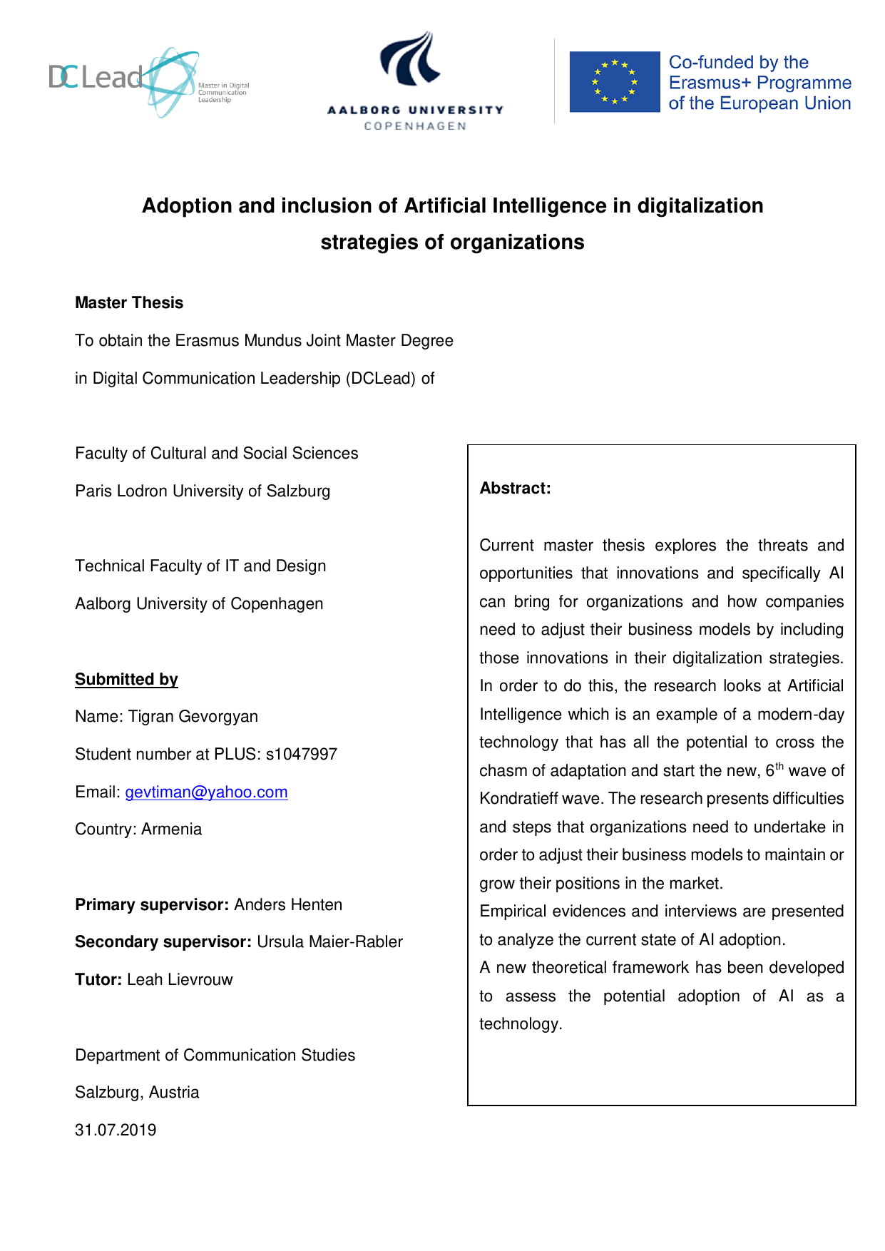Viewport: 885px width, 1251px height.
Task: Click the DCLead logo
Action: [148, 81]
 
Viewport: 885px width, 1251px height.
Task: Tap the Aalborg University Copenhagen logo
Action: [415, 80]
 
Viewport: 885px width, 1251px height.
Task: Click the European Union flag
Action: [614, 82]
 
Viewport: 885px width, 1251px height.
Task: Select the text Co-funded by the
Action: [738, 62]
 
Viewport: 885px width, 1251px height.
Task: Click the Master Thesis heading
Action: [129, 303]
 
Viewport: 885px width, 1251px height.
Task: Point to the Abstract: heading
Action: [515, 489]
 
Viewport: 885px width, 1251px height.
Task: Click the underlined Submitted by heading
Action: [126, 680]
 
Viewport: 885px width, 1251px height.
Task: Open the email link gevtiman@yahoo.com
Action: [206, 792]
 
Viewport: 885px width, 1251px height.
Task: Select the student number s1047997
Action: [301, 755]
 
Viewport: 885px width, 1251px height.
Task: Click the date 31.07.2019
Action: [116, 1130]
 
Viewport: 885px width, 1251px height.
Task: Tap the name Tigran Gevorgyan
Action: [193, 717]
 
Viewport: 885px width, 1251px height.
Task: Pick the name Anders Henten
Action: [288, 905]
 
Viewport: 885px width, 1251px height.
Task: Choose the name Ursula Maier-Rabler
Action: [329, 942]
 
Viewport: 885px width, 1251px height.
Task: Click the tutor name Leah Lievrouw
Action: [180, 980]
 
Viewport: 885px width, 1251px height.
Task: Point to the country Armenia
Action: [171, 829]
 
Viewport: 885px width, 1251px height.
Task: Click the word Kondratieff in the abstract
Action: [519, 799]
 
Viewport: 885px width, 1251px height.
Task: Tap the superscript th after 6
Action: [779, 767]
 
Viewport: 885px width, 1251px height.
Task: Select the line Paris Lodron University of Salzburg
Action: [203, 491]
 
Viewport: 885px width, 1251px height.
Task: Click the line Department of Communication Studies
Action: [215, 1056]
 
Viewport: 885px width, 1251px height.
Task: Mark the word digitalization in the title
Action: [700, 206]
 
